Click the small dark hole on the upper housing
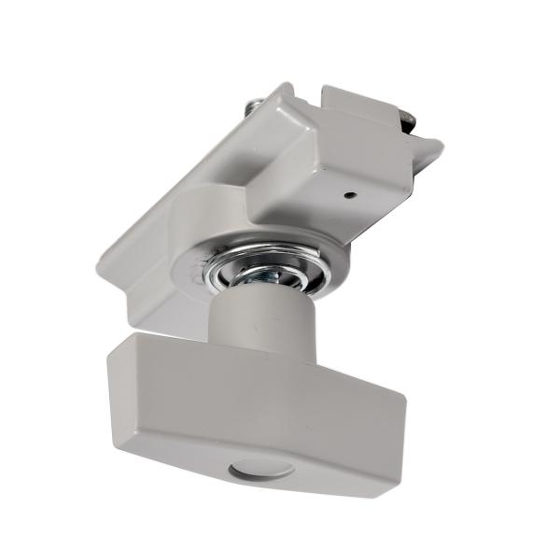click(347, 196)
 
